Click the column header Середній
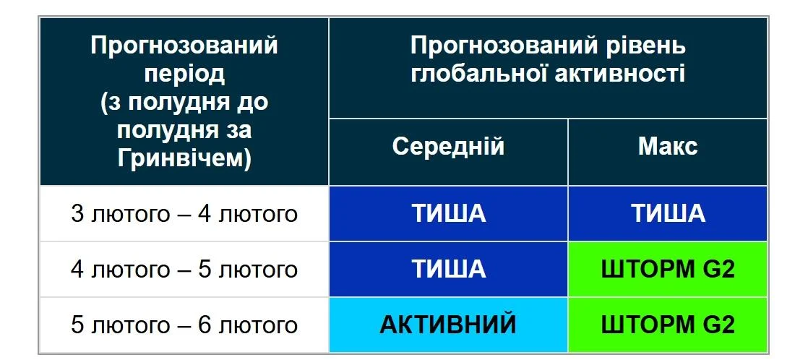click(448, 147)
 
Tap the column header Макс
click(667, 147)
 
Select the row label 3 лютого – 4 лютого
click(184, 214)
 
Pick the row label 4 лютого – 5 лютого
click(184, 270)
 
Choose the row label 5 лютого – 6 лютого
click(184, 325)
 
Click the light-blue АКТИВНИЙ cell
click(448, 325)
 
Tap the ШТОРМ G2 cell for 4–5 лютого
click(667, 270)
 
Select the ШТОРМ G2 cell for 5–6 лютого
click(667, 325)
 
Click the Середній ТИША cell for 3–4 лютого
click(448, 214)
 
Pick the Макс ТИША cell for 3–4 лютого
click(667, 214)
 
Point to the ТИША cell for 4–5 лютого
click(448, 270)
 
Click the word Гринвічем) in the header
click(184, 158)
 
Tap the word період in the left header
click(184, 73)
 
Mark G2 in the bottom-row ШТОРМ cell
click(718, 325)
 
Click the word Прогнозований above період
click(184, 46)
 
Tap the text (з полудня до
click(184, 102)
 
